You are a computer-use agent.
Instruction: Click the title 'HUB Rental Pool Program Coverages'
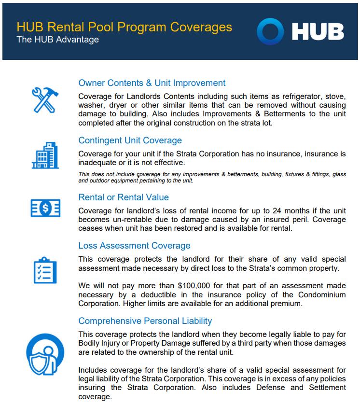124,27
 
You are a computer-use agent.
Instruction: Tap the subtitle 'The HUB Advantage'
57,40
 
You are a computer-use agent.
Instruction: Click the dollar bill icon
44,208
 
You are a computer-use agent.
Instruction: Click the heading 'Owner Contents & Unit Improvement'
152,83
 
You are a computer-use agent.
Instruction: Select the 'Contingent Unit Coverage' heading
130,140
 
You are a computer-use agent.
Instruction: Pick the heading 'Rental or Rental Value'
123,197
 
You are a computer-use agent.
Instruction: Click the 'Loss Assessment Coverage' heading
134,246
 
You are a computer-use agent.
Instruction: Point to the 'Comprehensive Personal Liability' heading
145,321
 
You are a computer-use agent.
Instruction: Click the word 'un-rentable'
132,220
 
